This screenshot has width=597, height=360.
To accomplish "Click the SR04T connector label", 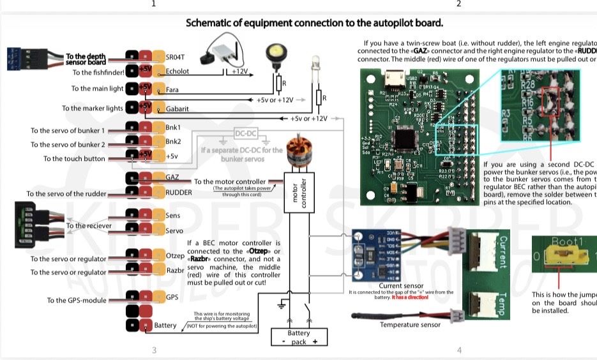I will coord(174,57).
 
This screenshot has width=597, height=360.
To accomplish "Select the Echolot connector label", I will coord(177,71).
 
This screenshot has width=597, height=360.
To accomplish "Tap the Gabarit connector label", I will coord(178,109).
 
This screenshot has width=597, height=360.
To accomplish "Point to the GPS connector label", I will coord(172,297).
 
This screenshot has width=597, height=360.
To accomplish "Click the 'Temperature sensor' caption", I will coord(409,325).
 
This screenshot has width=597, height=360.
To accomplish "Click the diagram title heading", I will coord(314,23).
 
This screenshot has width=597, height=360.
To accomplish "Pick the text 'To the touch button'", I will coord(74,158).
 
